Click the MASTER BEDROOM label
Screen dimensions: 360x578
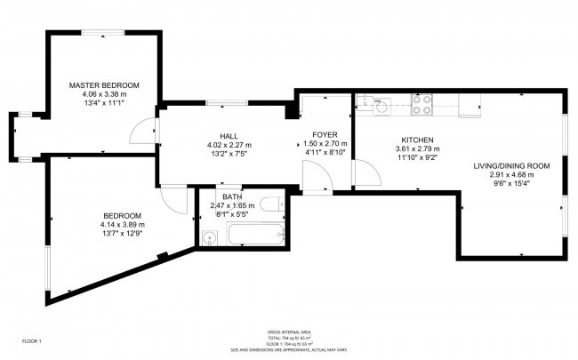click(x=104, y=85)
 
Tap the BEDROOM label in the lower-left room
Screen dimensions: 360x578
click(x=122, y=215)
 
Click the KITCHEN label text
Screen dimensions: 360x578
click(x=417, y=140)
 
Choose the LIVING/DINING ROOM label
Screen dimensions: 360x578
click(x=511, y=165)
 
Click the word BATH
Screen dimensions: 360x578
click(x=231, y=196)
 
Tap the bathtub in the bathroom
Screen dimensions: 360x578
click(x=255, y=236)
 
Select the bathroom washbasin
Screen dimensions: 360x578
click(x=209, y=236)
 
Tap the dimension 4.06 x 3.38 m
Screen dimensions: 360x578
click(x=104, y=94)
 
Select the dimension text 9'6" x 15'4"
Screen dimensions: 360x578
click(x=511, y=184)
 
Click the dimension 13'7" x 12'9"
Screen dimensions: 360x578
click(x=122, y=234)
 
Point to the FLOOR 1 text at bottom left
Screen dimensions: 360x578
click(x=32, y=341)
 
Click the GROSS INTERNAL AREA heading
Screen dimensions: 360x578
click(x=288, y=332)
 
